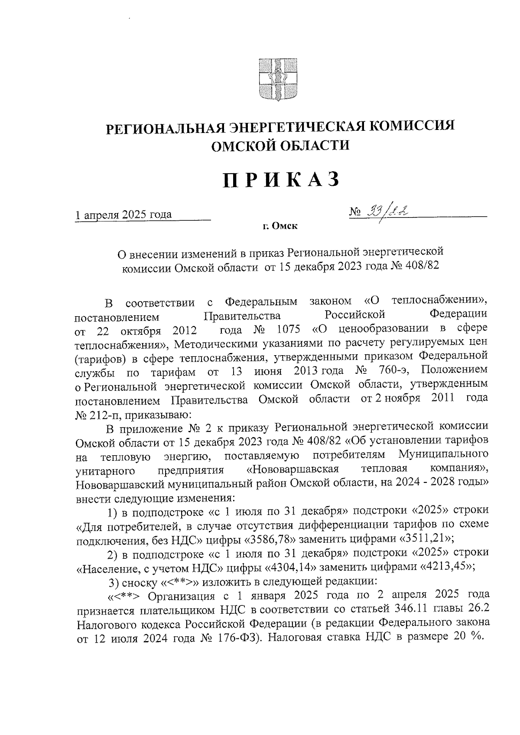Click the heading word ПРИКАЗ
280,180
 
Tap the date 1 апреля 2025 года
123,214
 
